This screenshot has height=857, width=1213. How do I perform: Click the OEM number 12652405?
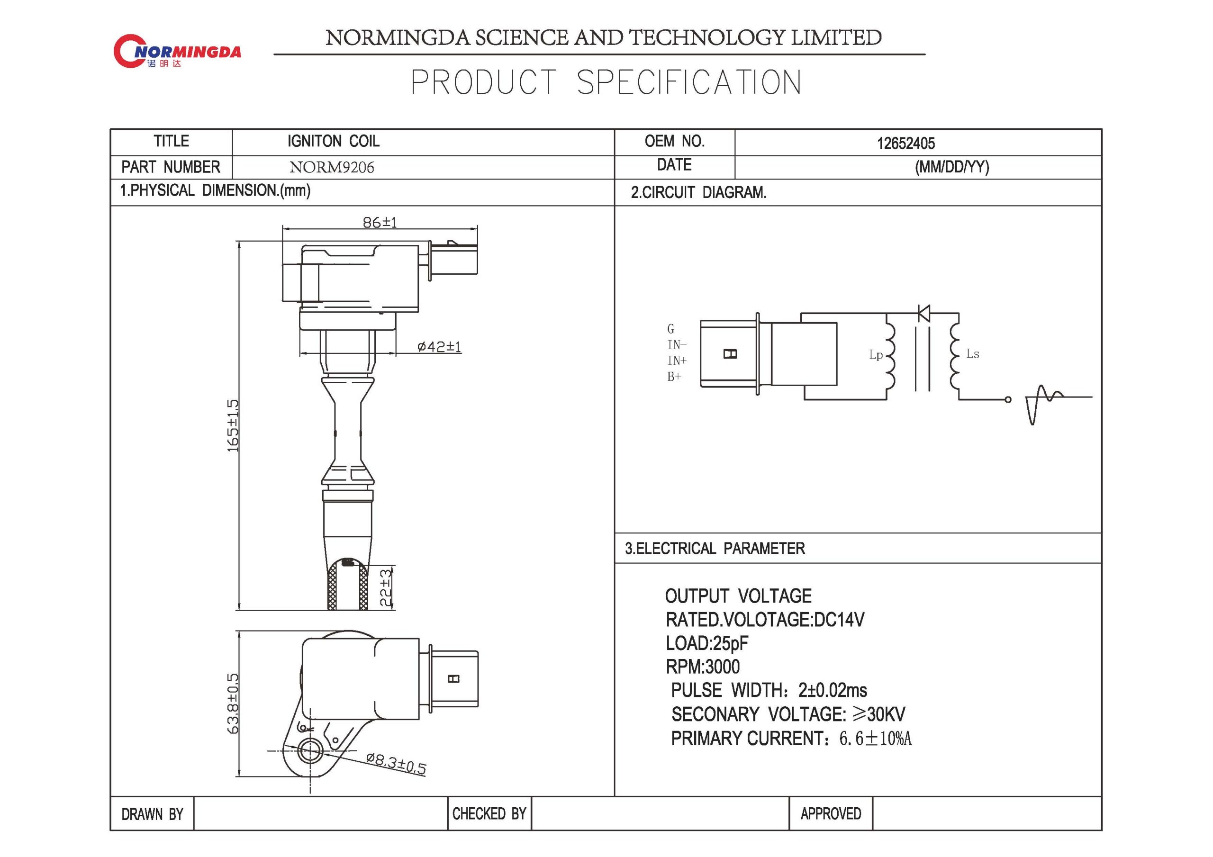coord(905,143)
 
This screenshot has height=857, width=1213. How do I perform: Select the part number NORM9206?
coord(331,168)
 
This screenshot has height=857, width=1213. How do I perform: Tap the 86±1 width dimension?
coord(380,223)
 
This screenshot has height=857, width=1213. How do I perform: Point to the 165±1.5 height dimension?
coord(233,425)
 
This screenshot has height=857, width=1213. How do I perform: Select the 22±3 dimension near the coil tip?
coord(386,587)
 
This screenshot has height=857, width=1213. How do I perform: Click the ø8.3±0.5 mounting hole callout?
coord(396,764)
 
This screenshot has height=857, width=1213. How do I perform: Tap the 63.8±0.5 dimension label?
coord(233,703)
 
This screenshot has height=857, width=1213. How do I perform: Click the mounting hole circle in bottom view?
coord(309,751)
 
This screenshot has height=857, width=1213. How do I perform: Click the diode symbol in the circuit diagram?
coord(924,313)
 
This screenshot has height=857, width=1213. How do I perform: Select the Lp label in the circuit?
coord(876,355)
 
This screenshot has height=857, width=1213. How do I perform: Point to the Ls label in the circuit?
coord(972,354)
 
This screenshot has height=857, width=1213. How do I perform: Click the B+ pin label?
coord(674,377)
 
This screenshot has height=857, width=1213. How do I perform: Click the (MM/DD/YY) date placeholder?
coord(951,168)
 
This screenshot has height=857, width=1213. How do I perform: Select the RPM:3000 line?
coord(703,667)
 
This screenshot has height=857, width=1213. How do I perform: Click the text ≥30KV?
coord(879,714)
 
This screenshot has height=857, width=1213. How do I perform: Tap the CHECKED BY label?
coord(489,814)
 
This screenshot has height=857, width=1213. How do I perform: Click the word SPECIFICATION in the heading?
coord(688,83)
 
